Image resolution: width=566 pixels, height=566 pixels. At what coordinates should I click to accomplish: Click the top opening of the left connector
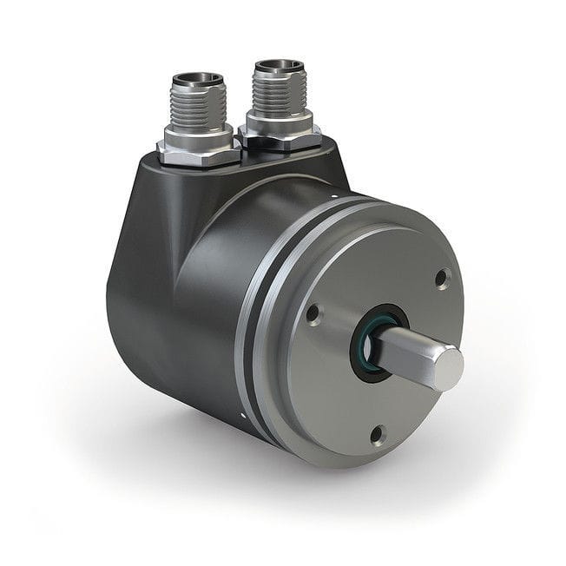pos(198,80)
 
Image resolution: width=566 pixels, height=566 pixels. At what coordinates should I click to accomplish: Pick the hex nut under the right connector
pos(280,136)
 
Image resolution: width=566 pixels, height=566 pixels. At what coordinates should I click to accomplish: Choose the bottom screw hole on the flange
pos(377,434)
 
